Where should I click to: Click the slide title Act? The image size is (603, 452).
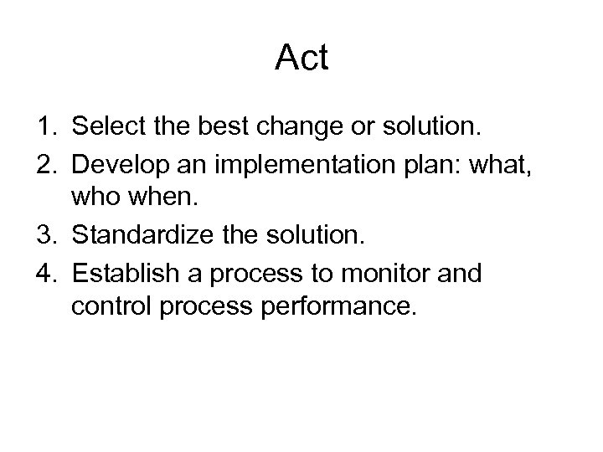301,59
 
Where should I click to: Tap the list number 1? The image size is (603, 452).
44,126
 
